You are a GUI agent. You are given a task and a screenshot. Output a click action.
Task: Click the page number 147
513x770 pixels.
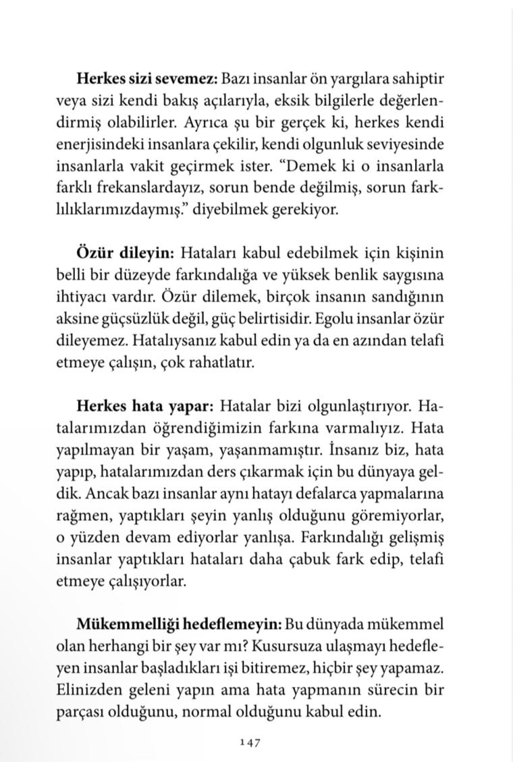(250, 742)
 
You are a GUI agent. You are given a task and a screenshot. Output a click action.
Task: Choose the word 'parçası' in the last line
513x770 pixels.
(78, 711)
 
